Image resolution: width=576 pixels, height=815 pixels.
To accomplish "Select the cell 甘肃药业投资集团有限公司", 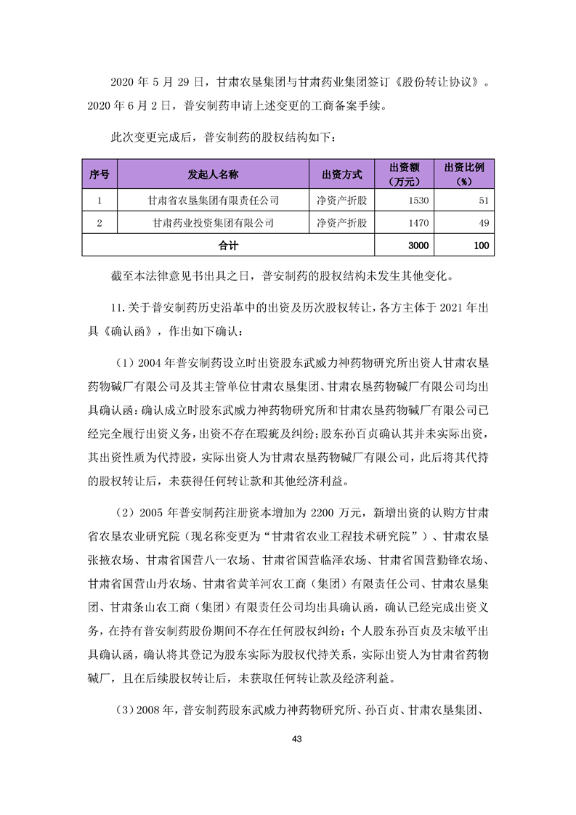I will coord(213,222).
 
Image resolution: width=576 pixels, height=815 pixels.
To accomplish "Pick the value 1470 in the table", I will coord(418,222).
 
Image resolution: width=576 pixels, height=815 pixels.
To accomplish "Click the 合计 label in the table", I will coord(228,246).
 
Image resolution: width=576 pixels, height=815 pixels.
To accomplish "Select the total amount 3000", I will coord(418,246).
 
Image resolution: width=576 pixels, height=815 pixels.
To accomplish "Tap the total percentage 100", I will coord(480,246).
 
